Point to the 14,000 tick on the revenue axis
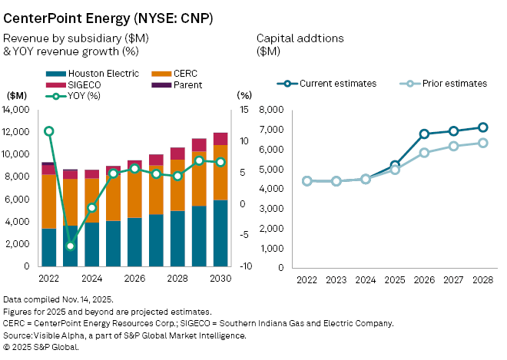tap(16, 110)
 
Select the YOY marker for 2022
tap(48, 131)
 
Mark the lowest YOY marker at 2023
tap(70, 246)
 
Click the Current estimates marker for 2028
tap(482, 127)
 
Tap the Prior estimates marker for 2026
tap(424, 153)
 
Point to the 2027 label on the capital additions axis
tap(453, 279)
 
